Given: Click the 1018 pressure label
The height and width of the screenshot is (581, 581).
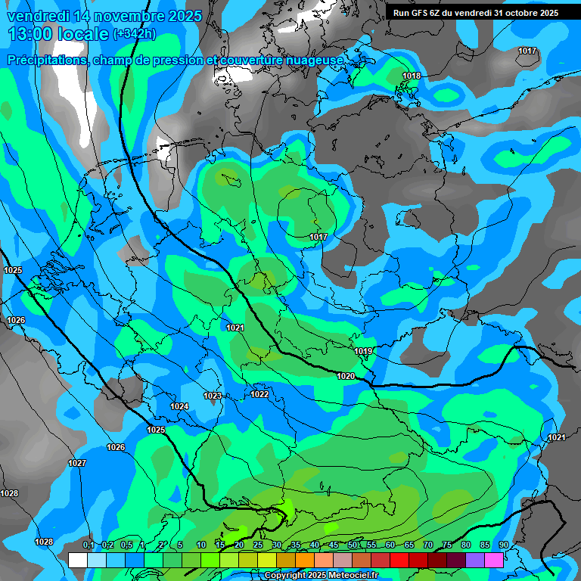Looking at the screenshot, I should (412, 76).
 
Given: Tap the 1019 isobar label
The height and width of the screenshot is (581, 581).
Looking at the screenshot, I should (363, 352).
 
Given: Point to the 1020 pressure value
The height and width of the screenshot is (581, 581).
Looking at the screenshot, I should (346, 376).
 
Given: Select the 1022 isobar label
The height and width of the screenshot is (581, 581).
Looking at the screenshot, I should (259, 394).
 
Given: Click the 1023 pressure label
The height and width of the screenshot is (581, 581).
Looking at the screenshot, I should (213, 396).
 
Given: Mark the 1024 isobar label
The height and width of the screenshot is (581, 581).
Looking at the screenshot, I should (179, 407).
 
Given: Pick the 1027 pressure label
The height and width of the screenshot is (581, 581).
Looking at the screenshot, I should (77, 463).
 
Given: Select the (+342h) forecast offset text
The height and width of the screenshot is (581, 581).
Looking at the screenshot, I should (134, 34).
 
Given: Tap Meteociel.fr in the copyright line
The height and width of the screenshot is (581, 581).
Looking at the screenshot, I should (351, 576).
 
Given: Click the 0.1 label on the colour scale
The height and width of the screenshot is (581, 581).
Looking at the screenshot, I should (89, 545).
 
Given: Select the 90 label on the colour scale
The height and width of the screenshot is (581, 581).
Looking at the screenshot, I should (503, 545).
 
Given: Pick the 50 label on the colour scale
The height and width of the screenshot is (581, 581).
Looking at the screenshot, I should (353, 545).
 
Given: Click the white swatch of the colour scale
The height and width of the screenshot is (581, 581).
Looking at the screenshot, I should (77, 560).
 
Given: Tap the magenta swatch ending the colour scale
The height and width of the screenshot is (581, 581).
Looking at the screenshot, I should (493, 560).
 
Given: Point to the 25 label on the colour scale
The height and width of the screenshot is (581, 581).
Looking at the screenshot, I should (258, 545).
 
